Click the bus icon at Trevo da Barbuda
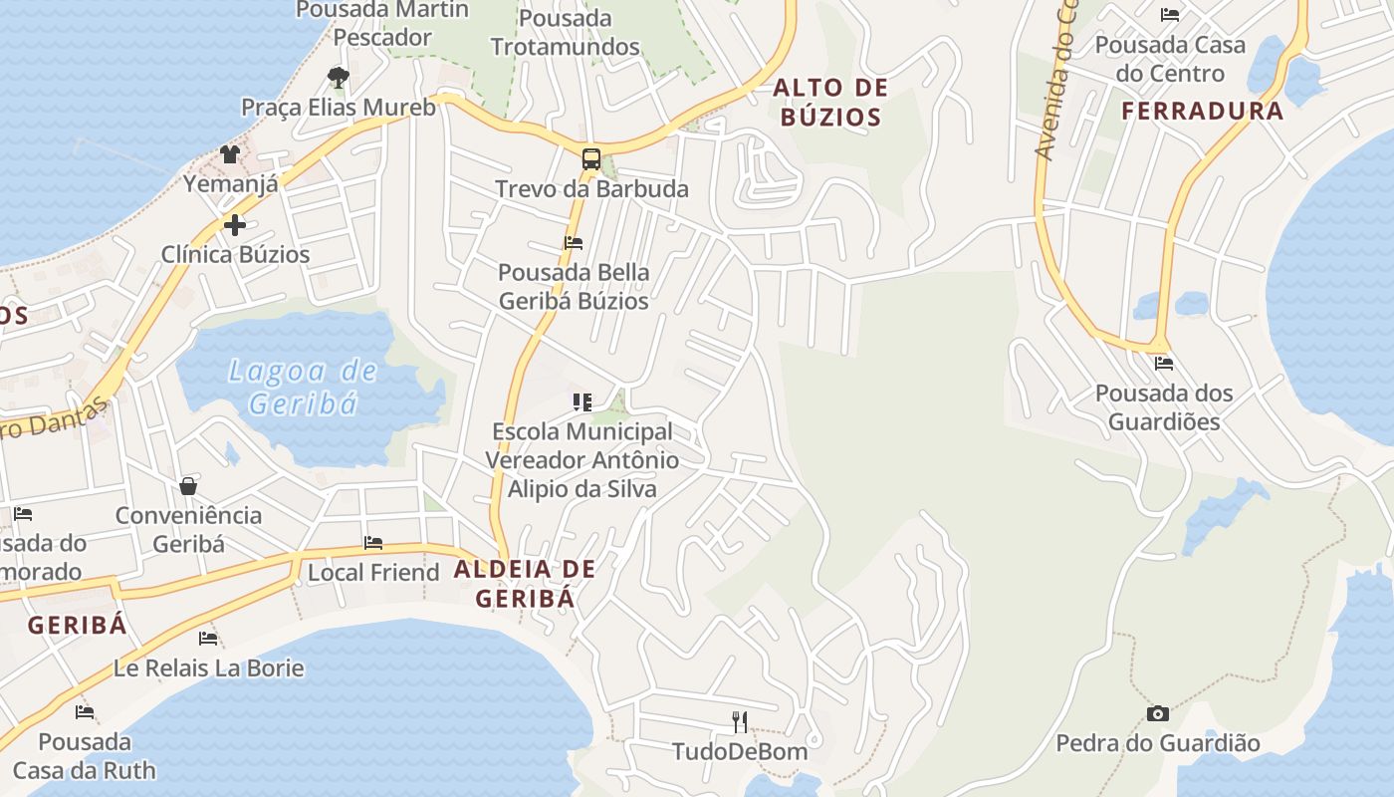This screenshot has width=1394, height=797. pyautogui.click(x=591, y=158)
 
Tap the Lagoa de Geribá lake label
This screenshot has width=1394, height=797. pyautogui.click(x=303, y=388)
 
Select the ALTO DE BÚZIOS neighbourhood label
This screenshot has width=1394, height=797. pyautogui.click(x=830, y=103)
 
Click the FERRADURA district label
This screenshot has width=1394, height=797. pyautogui.click(x=1203, y=111)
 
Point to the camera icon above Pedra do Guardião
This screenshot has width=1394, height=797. pyautogui.click(x=1157, y=713)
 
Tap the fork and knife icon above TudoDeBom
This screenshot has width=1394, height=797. pyautogui.click(x=739, y=721)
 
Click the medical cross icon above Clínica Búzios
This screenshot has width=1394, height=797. pyautogui.click(x=235, y=225)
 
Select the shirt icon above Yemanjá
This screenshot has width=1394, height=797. pyautogui.click(x=230, y=153)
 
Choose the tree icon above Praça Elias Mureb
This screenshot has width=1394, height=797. pyautogui.click(x=339, y=77)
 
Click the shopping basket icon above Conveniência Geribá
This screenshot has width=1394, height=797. pyautogui.click(x=188, y=486)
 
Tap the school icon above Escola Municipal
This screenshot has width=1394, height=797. pyautogui.click(x=582, y=402)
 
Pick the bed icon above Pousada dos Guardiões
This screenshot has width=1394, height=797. pyautogui.click(x=1163, y=364)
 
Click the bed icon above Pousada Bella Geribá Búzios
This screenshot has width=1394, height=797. pyautogui.click(x=573, y=242)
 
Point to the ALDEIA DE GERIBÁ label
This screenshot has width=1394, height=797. pyautogui.click(x=525, y=584)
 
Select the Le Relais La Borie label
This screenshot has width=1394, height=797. pyautogui.click(x=209, y=667)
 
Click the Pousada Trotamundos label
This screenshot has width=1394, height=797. pyautogui.click(x=566, y=32)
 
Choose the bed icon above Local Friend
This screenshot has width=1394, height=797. pyautogui.click(x=373, y=543)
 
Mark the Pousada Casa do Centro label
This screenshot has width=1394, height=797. pyautogui.click(x=1170, y=59)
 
